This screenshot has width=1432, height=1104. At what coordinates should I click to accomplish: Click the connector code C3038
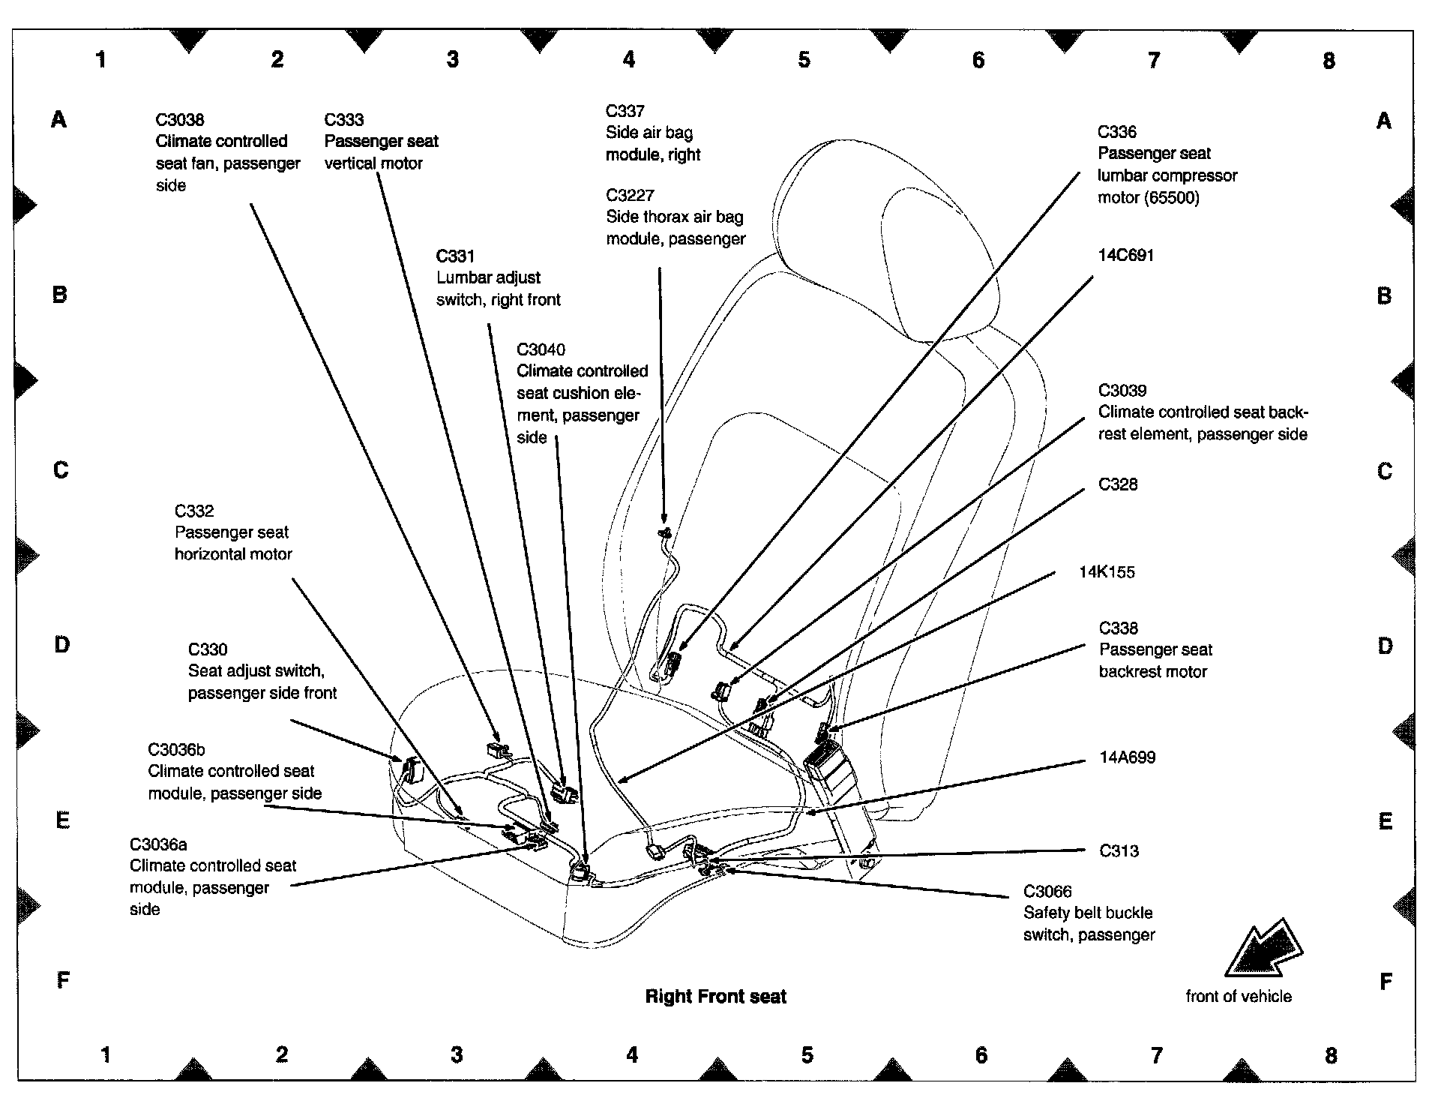pyautogui.click(x=180, y=120)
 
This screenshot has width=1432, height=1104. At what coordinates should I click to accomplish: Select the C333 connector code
pyautogui.click(x=344, y=120)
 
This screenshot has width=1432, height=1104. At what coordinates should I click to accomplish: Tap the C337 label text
pyautogui.click(x=625, y=111)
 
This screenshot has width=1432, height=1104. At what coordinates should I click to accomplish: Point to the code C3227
pyautogui.click(x=630, y=195)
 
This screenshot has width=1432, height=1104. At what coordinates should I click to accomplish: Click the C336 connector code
pyautogui.click(x=1117, y=132)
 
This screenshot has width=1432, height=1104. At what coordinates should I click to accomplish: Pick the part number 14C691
pyautogui.click(x=1125, y=255)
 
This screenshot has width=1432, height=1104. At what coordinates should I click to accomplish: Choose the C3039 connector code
pyautogui.click(x=1122, y=390)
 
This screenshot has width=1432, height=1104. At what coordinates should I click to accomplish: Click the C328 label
pyautogui.click(x=1118, y=484)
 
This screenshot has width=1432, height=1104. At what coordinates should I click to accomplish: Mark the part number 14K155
pyautogui.click(x=1107, y=572)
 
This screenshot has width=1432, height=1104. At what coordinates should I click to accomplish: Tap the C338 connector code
pyautogui.click(x=1118, y=628)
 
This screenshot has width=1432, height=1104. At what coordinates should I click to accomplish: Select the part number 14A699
pyautogui.click(x=1127, y=757)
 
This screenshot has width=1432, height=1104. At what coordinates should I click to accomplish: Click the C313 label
pyautogui.click(x=1119, y=851)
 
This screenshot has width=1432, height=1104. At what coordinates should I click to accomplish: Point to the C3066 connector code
pyautogui.click(x=1047, y=892)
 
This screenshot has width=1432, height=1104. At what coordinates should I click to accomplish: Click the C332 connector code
pyautogui.click(x=194, y=511)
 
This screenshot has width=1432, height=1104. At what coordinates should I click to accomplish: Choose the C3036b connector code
pyautogui.click(x=176, y=750)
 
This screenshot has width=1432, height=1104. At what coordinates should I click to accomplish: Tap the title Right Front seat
pyautogui.click(x=715, y=997)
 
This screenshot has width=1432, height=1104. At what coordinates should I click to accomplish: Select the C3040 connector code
pyautogui.click(x=541, y=349)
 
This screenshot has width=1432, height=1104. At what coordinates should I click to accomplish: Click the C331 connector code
pyautogui.click(x=456, y=256)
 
